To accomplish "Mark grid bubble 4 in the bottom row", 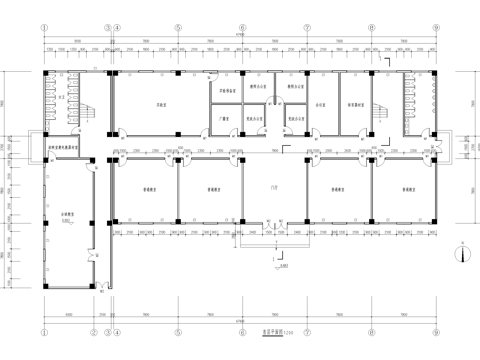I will coord(116,309).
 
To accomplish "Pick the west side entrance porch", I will coord(35,148).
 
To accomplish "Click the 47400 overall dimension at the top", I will coord(240,37).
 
